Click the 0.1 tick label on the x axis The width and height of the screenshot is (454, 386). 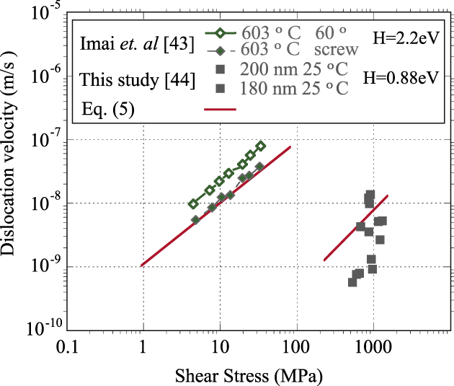tap(67, 349)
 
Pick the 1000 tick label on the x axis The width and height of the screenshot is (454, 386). tap(373, 349)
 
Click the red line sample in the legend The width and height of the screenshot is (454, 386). tap(221, 110)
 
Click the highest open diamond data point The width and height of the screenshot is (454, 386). tap(261, 146)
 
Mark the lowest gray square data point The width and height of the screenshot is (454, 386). tap(352, 282)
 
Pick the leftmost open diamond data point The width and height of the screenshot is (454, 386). tap(193, 204)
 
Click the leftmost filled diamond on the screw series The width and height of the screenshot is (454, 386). tap(195, 219)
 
